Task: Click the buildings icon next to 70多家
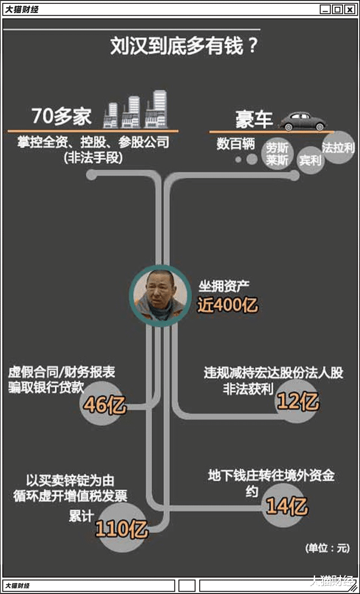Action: pos(136,111)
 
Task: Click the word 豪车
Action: pos(254,119)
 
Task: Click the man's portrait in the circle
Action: pos(158,294)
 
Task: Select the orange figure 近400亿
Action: pos(227,305)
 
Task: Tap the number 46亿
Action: pos(105,405)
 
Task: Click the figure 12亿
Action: pos(298,402)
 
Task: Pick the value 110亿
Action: pos(121,529)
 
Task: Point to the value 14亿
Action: pos(287,507)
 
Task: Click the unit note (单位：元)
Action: pos(327,547)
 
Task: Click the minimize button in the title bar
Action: pos(325,9)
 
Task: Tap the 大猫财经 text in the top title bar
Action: pos(22,9)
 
